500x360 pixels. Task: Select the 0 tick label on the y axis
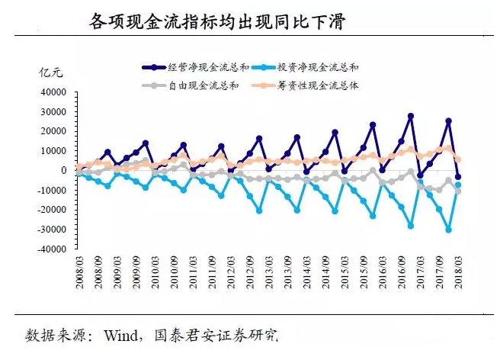[65, 170]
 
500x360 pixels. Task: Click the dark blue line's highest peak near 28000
[411, 116]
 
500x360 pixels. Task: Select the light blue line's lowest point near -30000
[449, 230]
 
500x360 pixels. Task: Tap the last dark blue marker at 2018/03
[458, 177]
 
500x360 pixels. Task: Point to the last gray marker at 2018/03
[458, 191]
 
